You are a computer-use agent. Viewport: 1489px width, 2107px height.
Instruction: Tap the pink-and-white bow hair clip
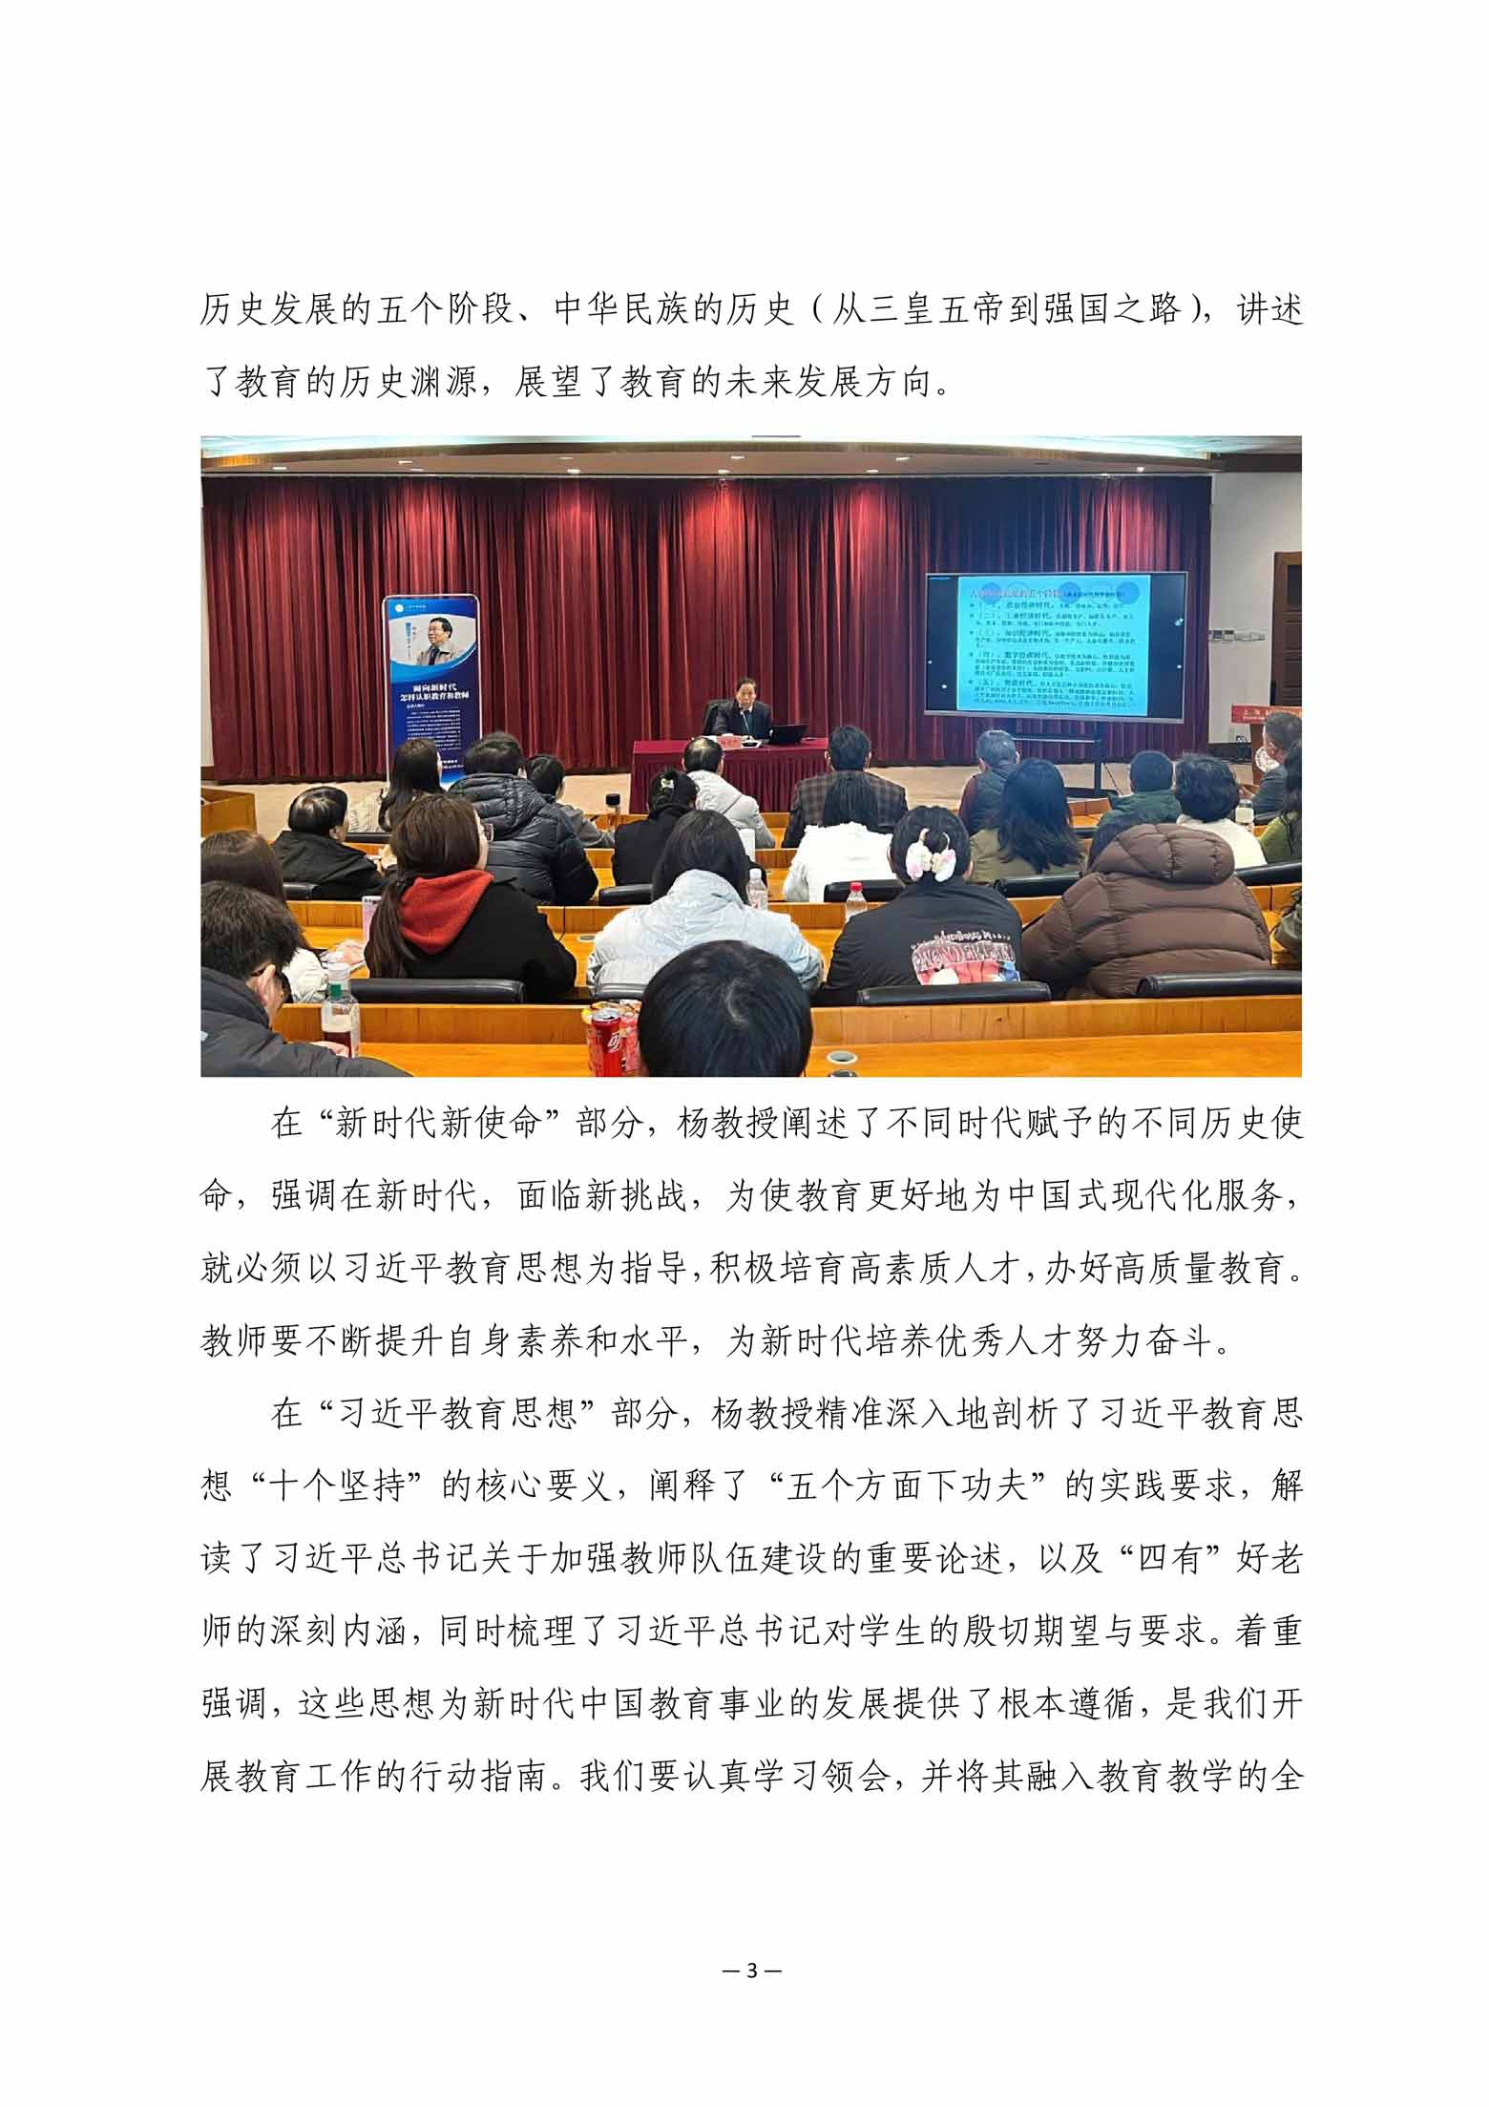point(932,853)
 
